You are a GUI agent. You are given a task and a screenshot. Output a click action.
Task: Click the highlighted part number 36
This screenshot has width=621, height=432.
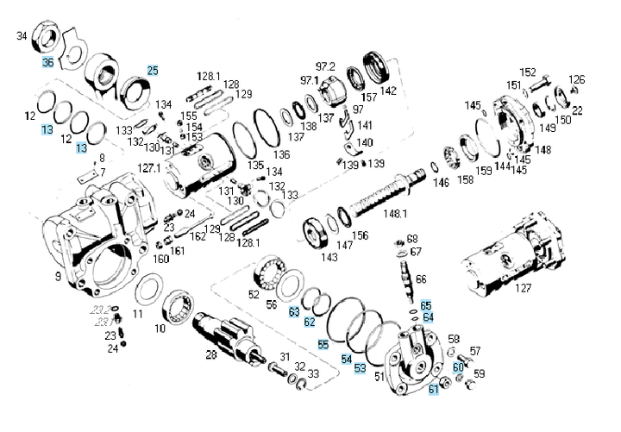click(x=47, y=62)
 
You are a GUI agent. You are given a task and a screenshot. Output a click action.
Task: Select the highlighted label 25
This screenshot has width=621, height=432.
click(x=153, y=70)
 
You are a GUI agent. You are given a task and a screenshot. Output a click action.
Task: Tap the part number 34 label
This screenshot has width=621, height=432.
click(x=22, y=35)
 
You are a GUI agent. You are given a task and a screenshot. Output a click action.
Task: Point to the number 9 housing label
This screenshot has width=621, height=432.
click(x=57, y=278)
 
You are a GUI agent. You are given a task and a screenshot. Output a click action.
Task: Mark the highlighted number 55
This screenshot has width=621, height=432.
click(x=323, y=345)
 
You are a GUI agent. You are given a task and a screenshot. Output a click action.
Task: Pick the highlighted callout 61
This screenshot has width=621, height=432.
click(x=434, y=390)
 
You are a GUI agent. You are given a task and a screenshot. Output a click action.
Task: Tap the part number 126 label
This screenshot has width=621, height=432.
click(x=576, y=79)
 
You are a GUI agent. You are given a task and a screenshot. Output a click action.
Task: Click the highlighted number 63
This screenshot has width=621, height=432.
click(x=294, y=310)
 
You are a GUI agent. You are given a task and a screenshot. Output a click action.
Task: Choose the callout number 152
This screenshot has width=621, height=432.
click(x=528, y=72)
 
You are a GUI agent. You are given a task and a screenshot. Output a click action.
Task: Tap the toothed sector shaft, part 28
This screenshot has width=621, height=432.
click(x=229, y=332)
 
